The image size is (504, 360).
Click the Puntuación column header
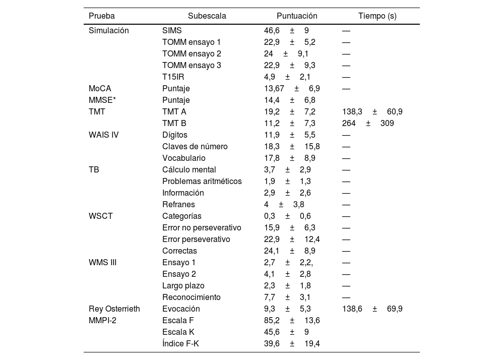[297, 16]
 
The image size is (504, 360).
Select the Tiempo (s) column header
[377, 16]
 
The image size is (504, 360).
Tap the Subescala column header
[207, 16]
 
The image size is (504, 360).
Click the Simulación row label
[108, 30]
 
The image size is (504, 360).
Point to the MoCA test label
[100, 88]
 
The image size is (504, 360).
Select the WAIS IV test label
[103, 135]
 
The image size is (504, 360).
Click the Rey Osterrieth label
[114, 309]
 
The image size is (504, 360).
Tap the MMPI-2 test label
[102, 320]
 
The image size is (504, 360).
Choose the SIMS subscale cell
[172, 30]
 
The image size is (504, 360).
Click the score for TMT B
[290, 123]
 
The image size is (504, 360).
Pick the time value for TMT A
[372, 111]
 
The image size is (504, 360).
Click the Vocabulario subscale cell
[184, 158]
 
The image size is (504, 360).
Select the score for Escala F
[292, 320]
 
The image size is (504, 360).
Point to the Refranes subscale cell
[178, 204]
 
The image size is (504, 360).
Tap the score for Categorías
[287, 216]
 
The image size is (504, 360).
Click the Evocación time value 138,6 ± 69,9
[372, 309]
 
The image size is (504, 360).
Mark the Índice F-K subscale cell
[180, 343]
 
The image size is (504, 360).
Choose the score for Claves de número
[292, 146]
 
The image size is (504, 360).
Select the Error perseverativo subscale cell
[196, 239]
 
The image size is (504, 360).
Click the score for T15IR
[287, 77]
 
